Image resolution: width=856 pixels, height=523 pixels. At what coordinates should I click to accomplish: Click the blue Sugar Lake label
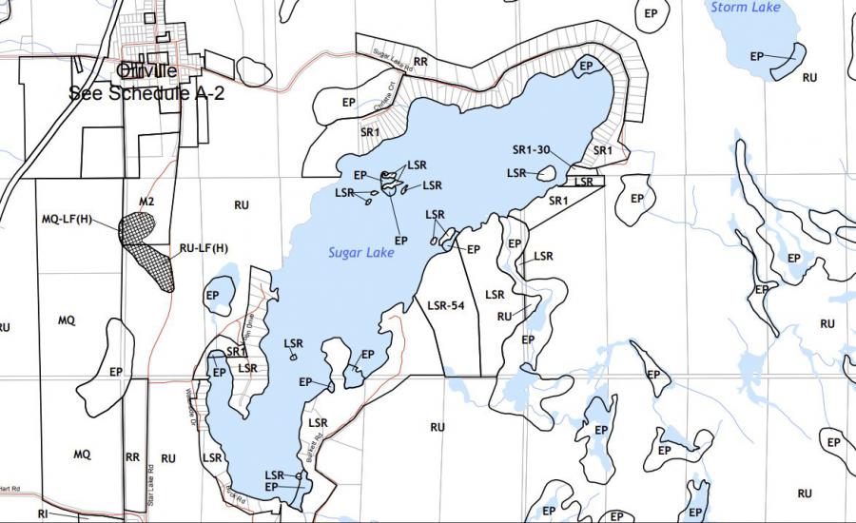360,253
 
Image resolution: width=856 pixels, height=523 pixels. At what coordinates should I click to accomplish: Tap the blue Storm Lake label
746,8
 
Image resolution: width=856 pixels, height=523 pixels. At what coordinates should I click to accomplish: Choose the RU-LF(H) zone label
204,248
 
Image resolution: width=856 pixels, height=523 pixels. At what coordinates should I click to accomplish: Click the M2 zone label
146,202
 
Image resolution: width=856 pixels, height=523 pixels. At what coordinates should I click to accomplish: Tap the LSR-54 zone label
445,305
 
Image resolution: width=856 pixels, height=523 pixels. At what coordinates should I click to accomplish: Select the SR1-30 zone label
532,149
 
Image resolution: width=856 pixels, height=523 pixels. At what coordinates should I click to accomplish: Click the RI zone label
43,513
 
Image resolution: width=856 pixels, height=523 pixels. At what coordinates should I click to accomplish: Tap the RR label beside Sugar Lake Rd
420,61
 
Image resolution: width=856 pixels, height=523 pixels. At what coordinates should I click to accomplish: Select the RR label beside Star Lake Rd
132,457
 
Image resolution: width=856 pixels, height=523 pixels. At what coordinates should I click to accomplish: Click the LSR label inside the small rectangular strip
584,181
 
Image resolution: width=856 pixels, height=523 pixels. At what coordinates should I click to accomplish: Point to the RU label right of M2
241,204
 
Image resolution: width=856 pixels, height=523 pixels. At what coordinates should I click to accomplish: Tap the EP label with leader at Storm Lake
757,56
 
